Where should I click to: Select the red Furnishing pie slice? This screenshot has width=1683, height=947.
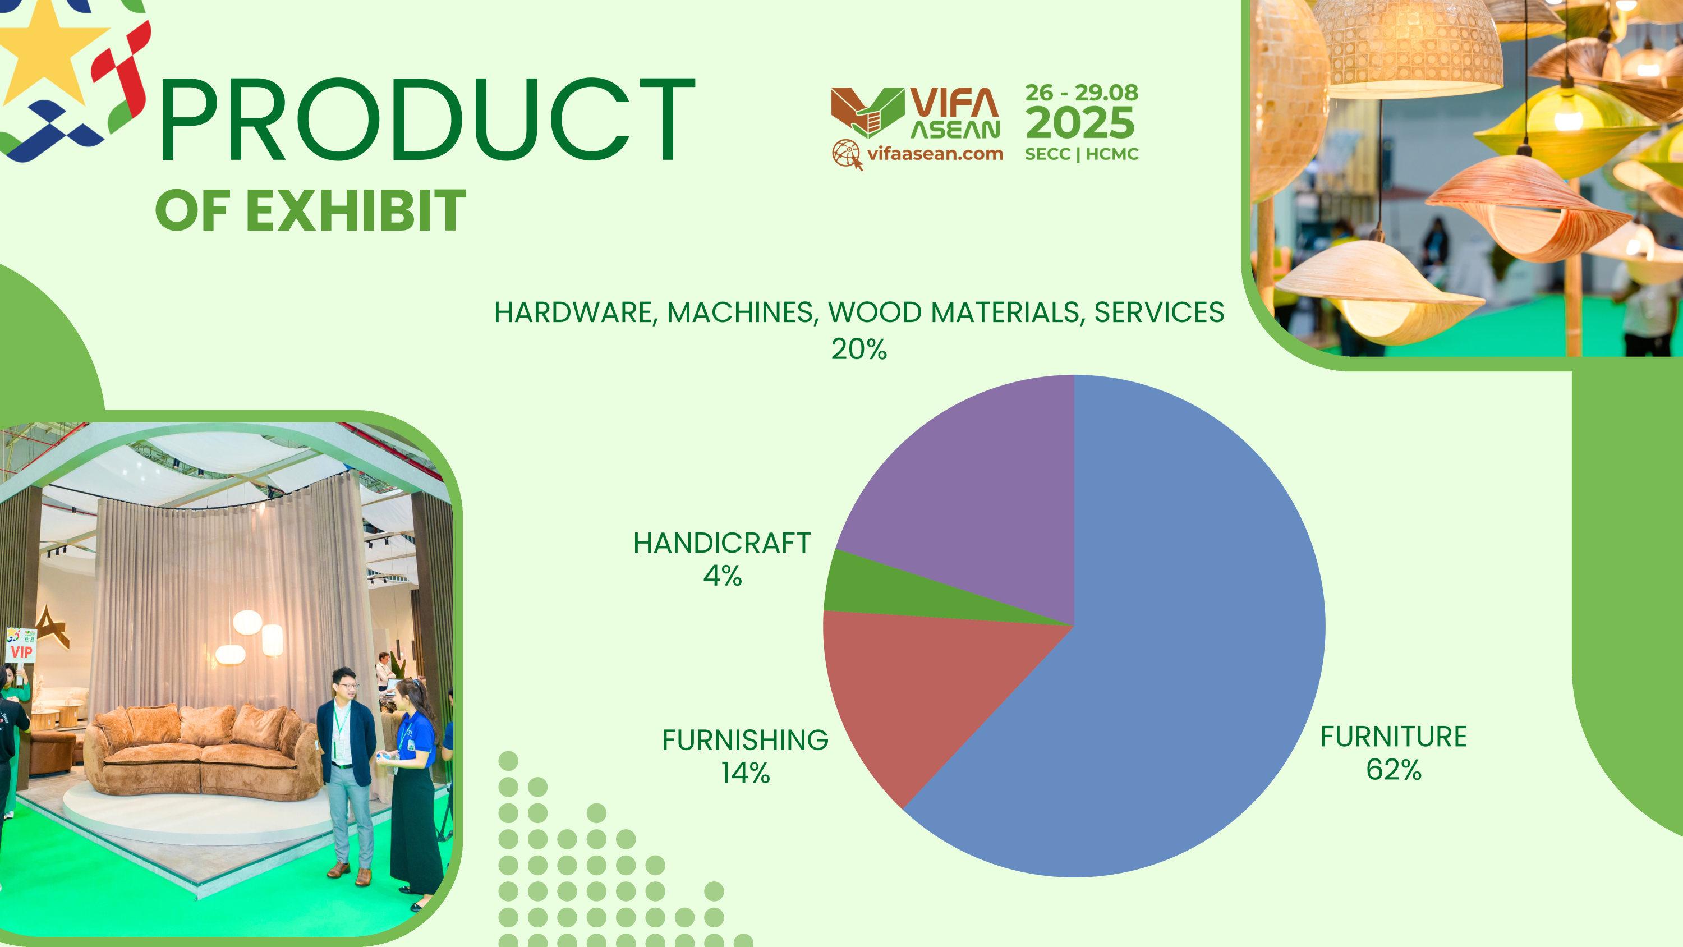click(914, 693)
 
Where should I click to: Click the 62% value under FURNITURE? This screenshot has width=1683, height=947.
click(1394, 770)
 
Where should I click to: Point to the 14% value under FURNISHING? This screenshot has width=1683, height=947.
click(746, 774)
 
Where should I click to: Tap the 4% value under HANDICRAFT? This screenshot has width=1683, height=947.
click(723, 576)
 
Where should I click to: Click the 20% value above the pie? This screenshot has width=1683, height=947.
click(858, 350)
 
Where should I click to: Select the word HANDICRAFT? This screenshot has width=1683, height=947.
click(722, 543)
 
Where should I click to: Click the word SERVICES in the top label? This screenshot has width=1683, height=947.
click(1159, 312)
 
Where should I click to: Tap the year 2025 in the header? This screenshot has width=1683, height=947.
click(1081, 123)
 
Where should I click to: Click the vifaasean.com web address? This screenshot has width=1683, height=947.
click(935, 154)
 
